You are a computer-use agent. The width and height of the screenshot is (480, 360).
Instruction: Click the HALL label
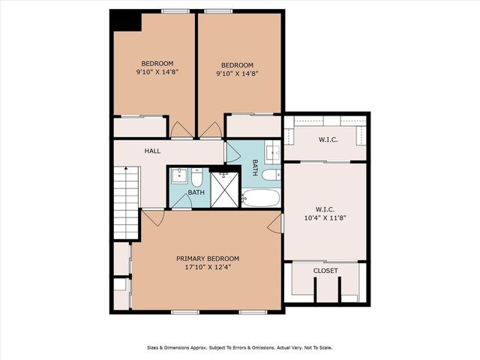pyautogui.click(x=152, y=151)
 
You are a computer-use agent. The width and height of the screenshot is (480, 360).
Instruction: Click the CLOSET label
pyautogui.click(x=325, y=271)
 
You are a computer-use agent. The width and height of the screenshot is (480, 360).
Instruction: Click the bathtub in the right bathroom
pyautogui.click(x=261, y=199)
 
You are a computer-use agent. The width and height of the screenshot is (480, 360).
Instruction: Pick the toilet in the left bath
pyautogui.click(x=196, y=178)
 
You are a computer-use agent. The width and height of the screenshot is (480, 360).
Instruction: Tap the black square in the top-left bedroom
pyautogui.click(x=125, y=21)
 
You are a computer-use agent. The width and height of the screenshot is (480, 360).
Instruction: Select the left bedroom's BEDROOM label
pyautogui.click(x=157, y=63)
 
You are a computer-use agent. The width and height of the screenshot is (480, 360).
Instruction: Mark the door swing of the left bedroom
pyautogui.click(x=181, y=130)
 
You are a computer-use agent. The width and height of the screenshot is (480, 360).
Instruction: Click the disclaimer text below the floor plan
pyautogui.click(x=239, y=348)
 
